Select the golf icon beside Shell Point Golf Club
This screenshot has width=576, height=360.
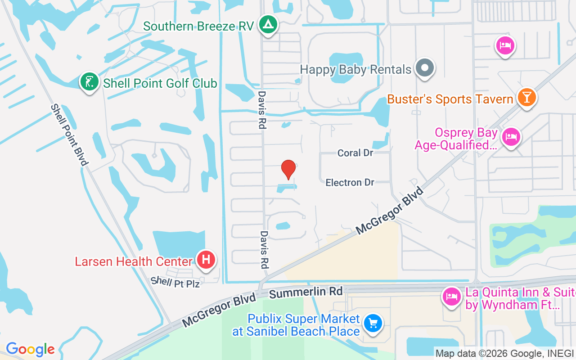(90, 82)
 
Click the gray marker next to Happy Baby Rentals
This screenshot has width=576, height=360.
(424, 68)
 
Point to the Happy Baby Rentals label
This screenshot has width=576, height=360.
(355, 70)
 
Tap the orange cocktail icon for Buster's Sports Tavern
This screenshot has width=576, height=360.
(526, 97)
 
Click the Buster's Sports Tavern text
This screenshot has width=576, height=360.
(450, 99)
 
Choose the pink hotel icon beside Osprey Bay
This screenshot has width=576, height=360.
(511, 136)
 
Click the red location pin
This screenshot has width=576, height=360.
(288, 169)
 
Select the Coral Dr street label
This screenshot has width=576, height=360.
(355, 153)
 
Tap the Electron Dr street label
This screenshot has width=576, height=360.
(350, 182)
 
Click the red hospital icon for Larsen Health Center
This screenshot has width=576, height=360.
(206, 260)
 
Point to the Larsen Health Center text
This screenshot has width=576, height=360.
(134, 261)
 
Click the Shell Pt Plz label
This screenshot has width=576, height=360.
(175, 282)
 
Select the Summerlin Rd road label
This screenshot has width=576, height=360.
(306, 293)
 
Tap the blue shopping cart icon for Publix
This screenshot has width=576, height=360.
(373, 323)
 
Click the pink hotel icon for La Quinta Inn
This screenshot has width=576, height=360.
(451, 297)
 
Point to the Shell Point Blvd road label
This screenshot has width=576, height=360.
(68, 135)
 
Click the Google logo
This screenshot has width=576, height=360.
(30, 349)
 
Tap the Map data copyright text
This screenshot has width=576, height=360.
(504, 353)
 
